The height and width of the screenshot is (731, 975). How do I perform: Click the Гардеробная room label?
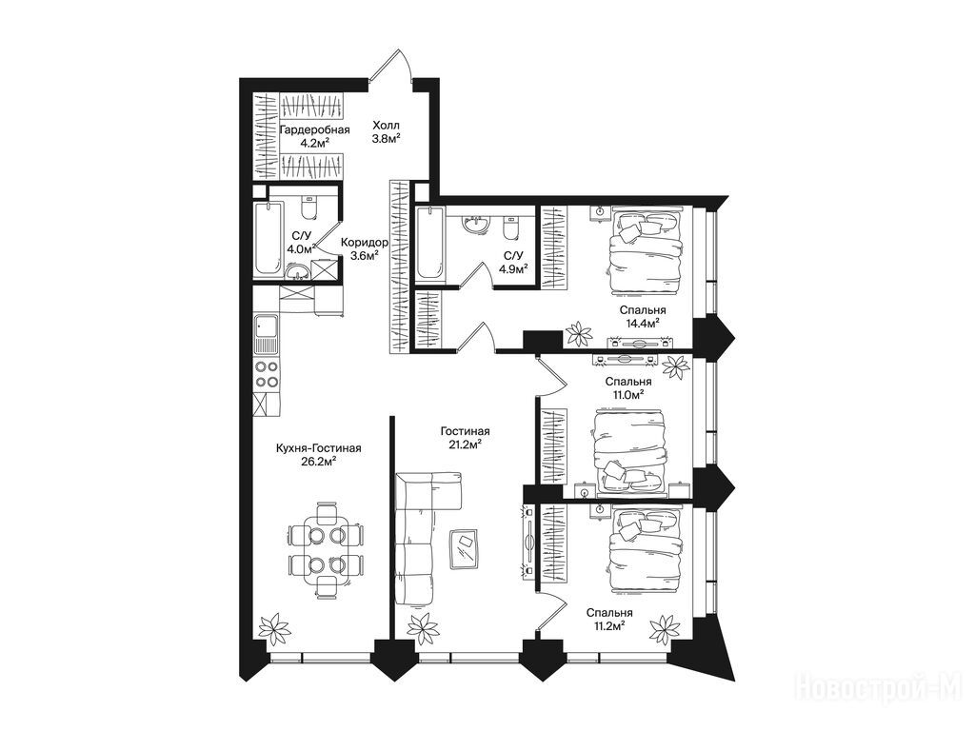[314, 129]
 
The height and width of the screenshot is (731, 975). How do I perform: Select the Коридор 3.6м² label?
[365, 248]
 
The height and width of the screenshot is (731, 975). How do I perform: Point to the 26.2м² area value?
[319, 462]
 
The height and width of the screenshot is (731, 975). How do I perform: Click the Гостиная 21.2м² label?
[465, 438]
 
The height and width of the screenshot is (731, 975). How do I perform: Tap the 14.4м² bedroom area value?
[643, 323]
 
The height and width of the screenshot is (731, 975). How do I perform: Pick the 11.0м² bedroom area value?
[628, 394]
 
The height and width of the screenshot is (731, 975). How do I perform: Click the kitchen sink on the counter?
[267, 334]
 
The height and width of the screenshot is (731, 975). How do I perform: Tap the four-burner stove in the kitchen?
[267, 373]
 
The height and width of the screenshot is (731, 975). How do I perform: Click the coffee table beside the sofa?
[465, 547]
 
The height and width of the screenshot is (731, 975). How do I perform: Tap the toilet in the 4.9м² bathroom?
[510, 227]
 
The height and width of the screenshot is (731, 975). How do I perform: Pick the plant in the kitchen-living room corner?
[274, 629]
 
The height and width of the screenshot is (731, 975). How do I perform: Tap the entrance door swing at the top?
[390, 65]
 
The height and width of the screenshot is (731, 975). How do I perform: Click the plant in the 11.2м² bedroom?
[665, 629]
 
